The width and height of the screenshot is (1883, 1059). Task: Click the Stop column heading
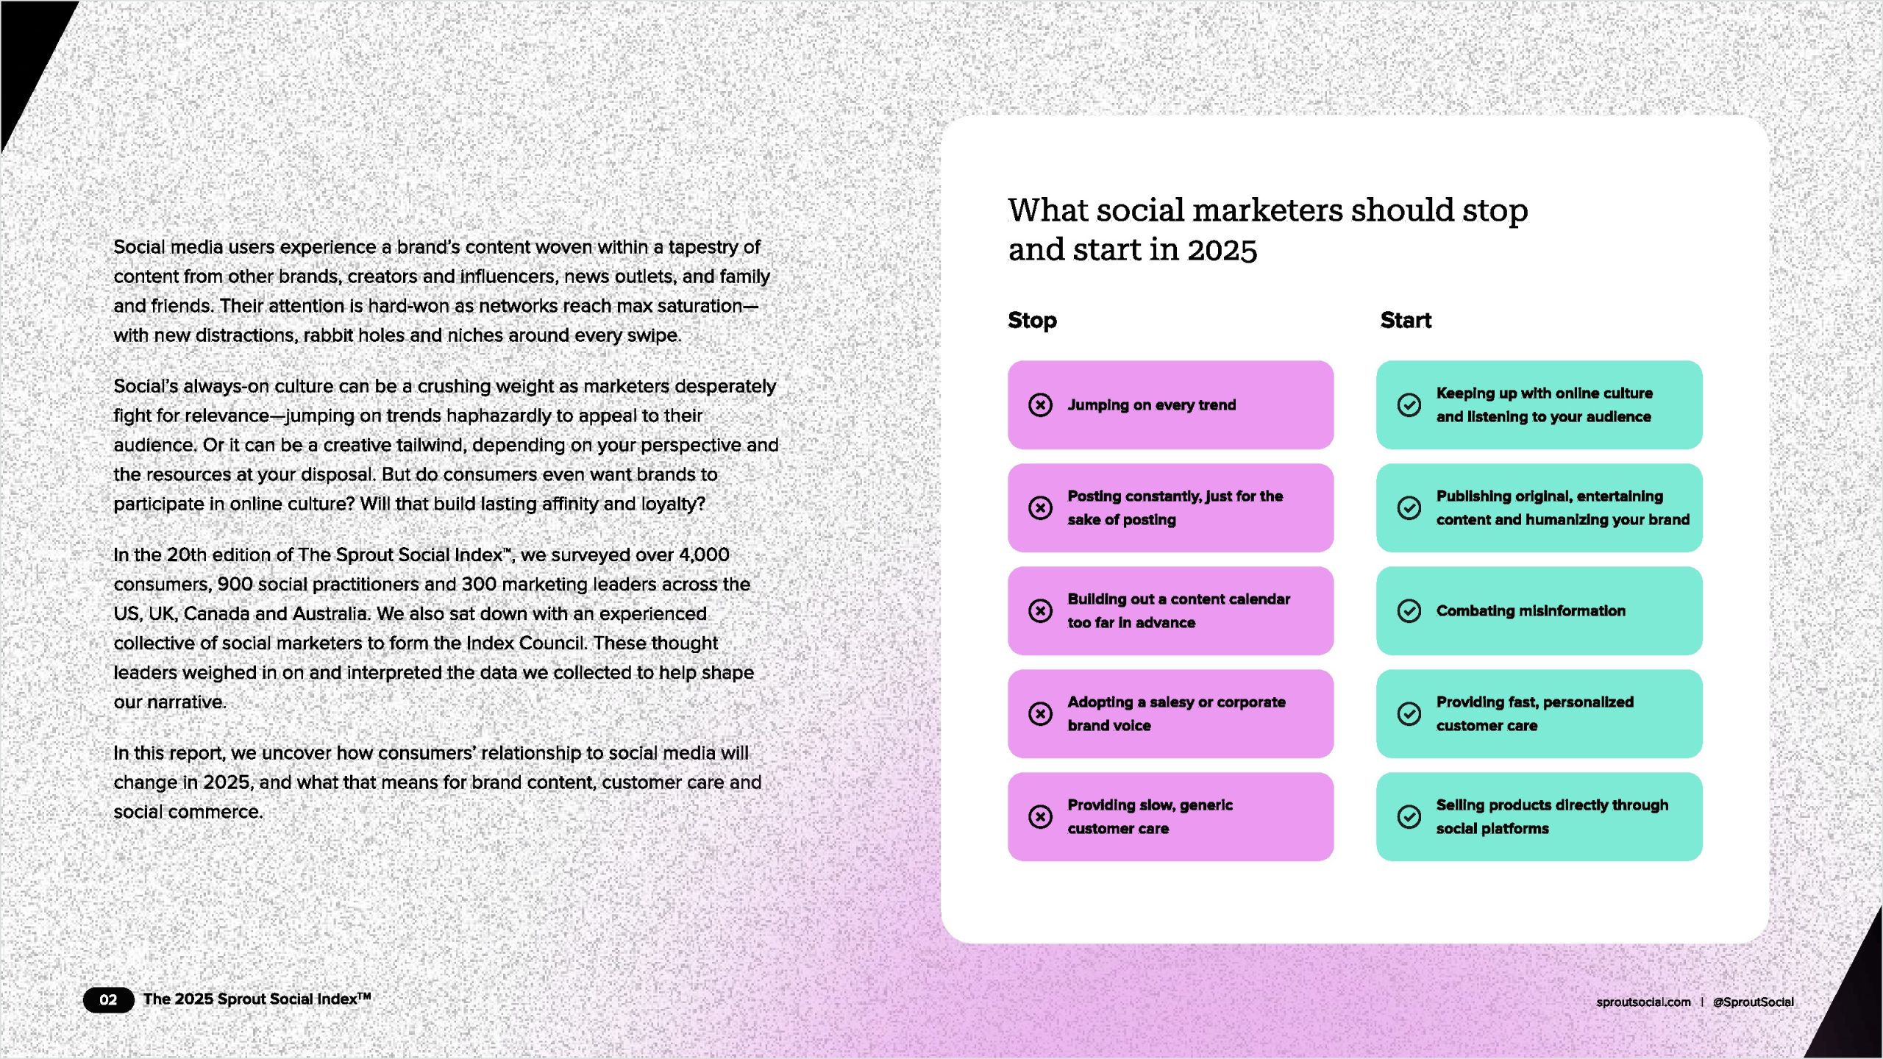[x=1032, y=321]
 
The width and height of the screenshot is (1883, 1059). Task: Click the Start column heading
[x=1406, y=321]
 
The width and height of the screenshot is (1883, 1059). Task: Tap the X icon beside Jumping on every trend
[x=1040, y=405]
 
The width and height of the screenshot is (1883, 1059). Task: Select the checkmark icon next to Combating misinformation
[x=1409, y=611]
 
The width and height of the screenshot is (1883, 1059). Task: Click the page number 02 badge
[x=108, y=1000]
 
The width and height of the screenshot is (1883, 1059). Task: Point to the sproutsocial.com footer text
[x=1643, y=1002]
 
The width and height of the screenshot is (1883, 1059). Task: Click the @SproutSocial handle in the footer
[x=1754, y=1002]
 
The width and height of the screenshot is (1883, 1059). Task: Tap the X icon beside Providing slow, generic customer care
[x=1040, y=817]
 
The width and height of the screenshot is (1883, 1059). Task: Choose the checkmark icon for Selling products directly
[x=1409, y=817]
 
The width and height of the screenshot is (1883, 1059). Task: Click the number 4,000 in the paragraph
[x=704, y=555]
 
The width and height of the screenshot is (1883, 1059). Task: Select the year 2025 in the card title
[x=1222, y=251]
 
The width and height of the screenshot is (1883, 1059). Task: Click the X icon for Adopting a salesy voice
[x=1040, y=714]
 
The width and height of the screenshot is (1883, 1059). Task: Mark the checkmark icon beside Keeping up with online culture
[x=1409, y=405]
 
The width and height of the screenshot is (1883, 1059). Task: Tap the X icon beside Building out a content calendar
[x=1040, y=611]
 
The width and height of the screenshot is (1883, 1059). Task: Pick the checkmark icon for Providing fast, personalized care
[x=1409, y=714]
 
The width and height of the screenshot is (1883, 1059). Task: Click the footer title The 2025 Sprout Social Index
[x=257, y=999]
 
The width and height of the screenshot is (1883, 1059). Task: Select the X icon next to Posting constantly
[x=1040, y=508]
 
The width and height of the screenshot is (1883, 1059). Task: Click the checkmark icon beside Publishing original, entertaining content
[x=1409, y=508]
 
